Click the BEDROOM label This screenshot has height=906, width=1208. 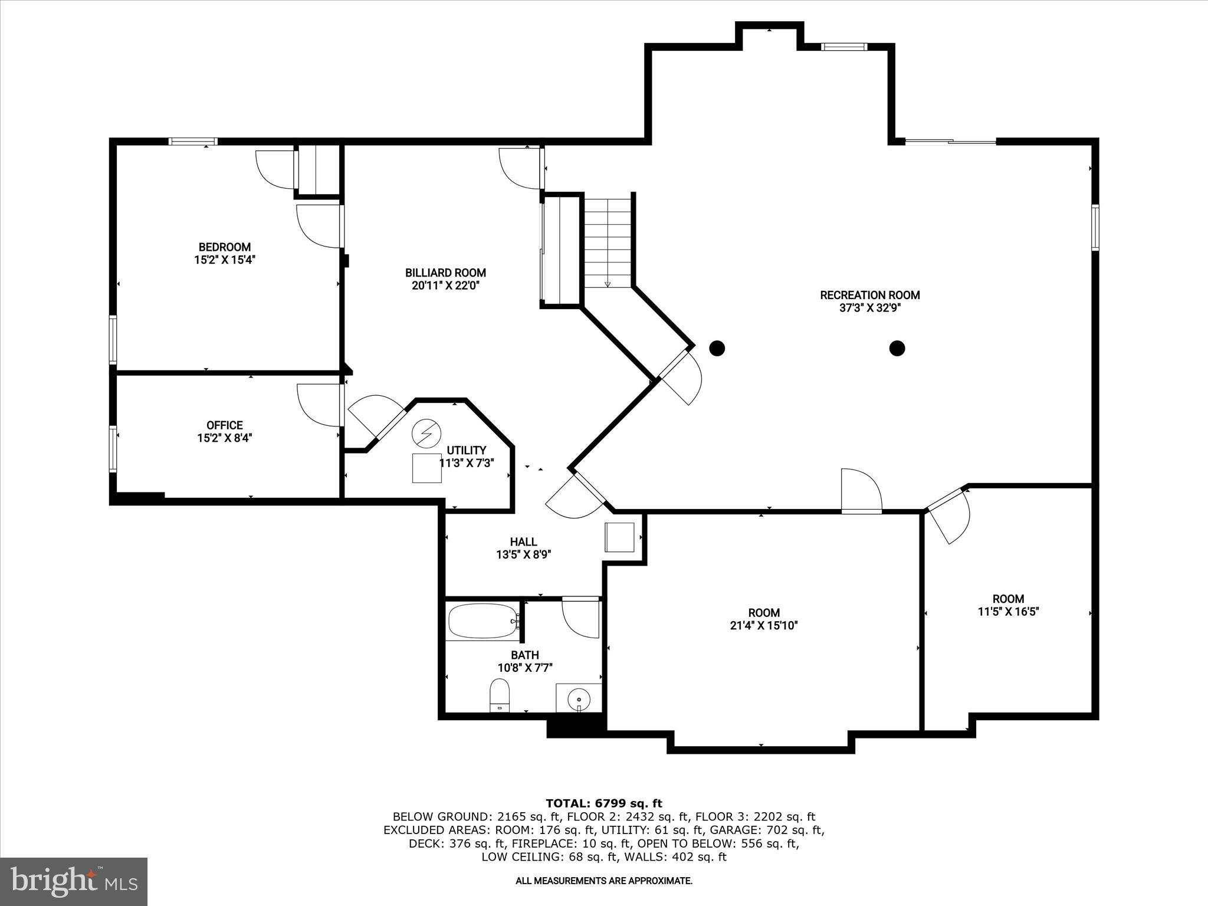[224, 247]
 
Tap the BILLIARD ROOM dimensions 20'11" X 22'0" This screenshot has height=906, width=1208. [445, 285]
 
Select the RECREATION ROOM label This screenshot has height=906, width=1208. [869, 295]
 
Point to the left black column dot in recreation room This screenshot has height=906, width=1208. [716, 349]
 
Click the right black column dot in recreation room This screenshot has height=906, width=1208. [897, 349]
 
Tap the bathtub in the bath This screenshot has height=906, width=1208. [482, 621]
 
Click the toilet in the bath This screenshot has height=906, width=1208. [500, 695]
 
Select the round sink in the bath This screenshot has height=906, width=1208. [579, 700]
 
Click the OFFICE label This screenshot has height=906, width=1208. [224, 425]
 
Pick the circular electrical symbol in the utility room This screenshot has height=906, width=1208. [426, 434]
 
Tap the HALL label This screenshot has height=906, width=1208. [523, 542]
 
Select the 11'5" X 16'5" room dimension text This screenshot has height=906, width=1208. [1008, 612]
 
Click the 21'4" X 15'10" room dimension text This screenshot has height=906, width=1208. [764, 626]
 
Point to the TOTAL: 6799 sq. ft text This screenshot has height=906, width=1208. [603, 803]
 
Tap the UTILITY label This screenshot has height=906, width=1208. [466, 451]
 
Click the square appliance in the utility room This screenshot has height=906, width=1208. [426, 468]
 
